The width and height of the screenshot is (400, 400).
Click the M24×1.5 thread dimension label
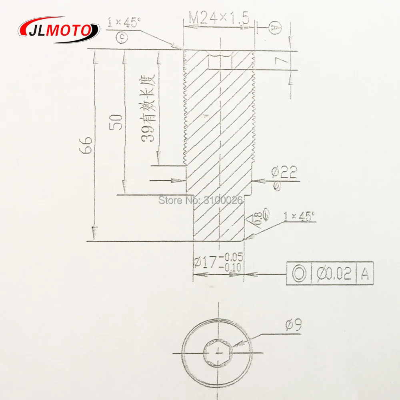(220, 18)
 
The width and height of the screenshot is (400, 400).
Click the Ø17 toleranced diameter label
(218, 262)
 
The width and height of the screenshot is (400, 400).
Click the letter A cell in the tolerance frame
(365, 274)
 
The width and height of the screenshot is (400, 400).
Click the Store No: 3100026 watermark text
(201, 199)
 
